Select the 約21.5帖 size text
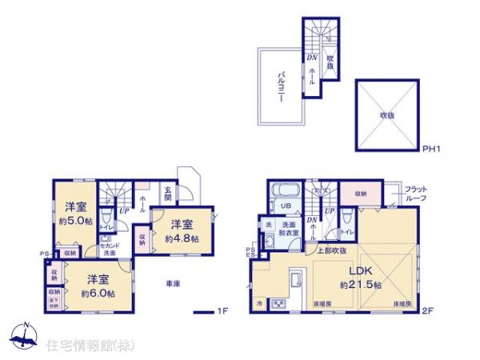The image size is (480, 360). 359,284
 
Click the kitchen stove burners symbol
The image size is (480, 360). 280,304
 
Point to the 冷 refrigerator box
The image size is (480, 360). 259,304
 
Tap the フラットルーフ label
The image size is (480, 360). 415,190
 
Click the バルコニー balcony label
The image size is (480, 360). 282,83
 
